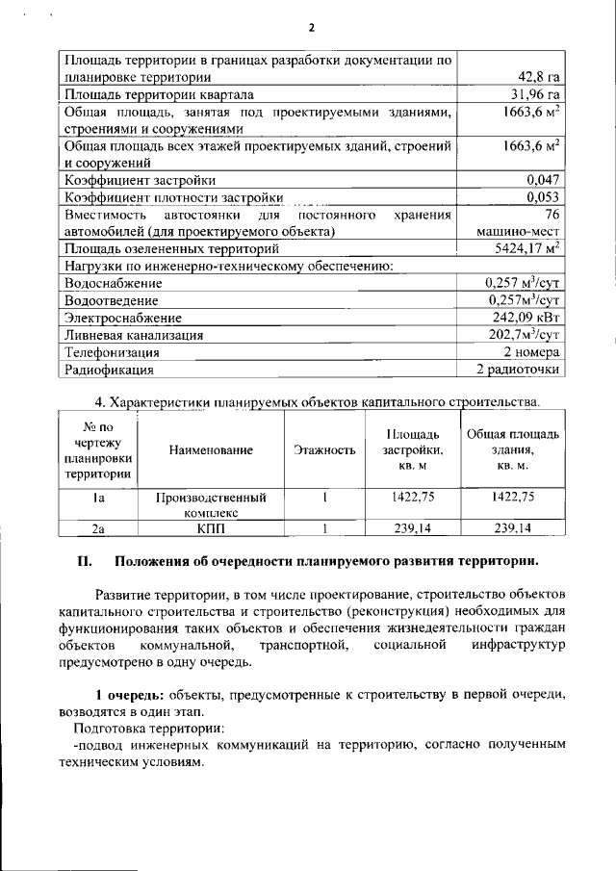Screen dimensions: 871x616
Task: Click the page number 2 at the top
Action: [x=311, y=27]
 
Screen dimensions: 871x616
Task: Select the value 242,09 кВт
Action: [x=526, y=316]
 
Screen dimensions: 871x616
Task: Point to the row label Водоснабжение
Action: [x=113, y=284]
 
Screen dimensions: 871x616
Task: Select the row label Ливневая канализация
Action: [x=133, y=335]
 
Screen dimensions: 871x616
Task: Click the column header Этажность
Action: [x=325, y=449]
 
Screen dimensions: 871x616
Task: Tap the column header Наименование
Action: [x=211, y=449]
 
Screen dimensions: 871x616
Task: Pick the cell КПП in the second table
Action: [x=211, y=527]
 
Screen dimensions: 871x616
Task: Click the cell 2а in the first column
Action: [x=97, y=527]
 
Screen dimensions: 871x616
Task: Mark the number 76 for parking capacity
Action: [x=546, y=215]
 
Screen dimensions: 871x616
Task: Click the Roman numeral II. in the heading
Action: [x=84, y=561]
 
